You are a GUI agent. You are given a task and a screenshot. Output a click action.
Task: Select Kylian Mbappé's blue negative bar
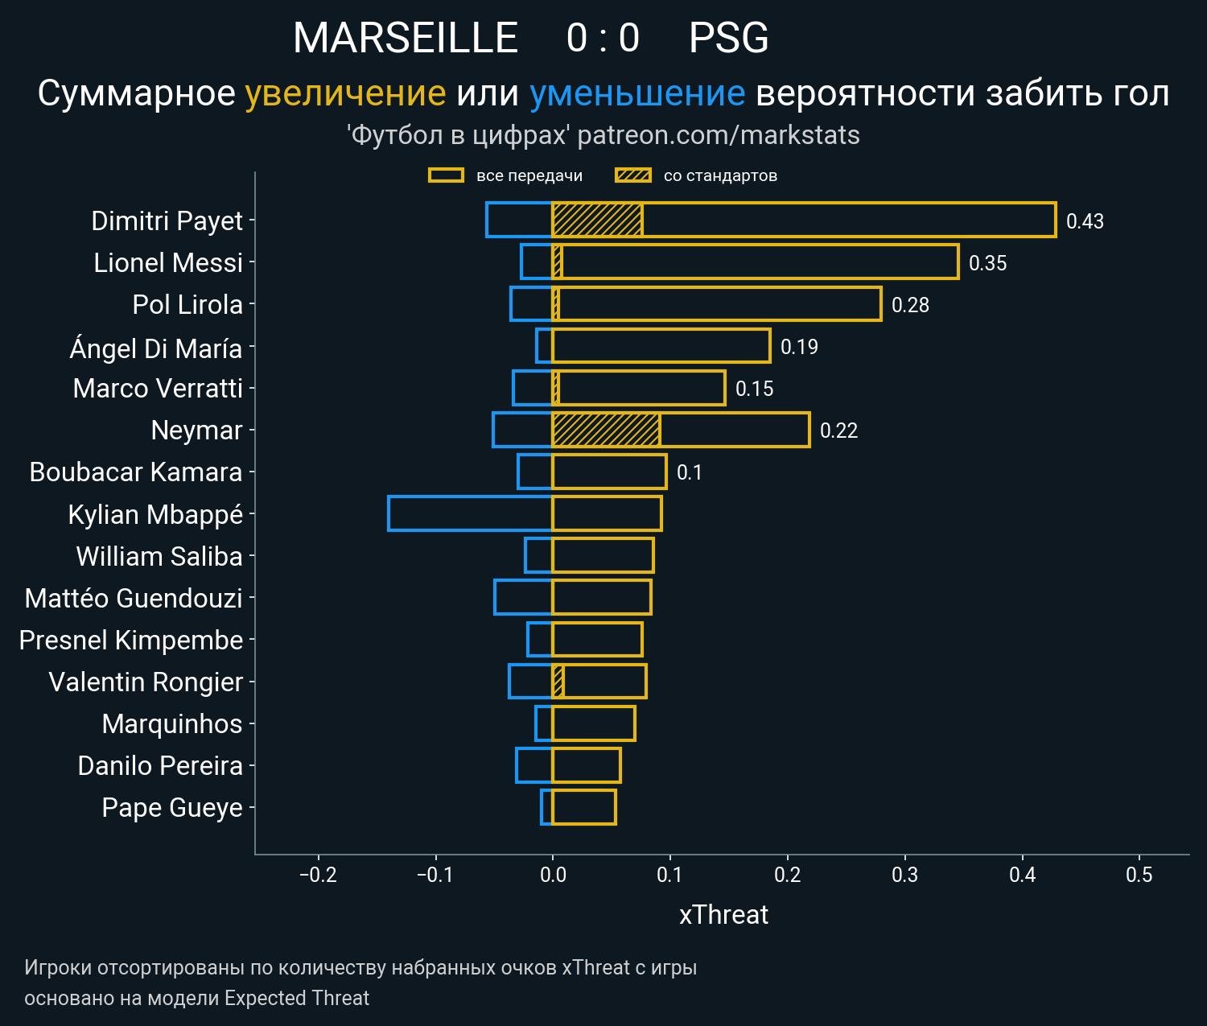470,513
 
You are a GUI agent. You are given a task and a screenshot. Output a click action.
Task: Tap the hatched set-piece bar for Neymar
606,430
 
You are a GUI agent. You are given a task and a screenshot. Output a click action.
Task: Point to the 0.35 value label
987,263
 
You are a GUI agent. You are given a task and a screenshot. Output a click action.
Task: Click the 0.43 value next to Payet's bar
1085,221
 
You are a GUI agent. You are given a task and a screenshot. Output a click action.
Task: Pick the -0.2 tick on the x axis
318,875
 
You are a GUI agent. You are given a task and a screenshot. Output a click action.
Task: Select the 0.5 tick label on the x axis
1139,875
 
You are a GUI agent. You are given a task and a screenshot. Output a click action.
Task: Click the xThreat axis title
723,915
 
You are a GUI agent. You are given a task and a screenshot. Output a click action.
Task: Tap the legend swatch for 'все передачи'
446,175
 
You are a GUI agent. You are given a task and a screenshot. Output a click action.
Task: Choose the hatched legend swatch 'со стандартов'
632,175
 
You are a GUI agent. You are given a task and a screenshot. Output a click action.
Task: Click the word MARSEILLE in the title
406,38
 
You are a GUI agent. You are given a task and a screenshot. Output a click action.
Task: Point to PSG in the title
729,38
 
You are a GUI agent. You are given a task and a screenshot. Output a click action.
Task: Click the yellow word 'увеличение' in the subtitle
345,93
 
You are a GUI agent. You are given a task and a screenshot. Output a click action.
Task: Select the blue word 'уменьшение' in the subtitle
637,93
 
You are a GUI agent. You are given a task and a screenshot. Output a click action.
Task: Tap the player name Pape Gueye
172,807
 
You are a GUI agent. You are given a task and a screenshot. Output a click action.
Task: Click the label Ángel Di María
156,348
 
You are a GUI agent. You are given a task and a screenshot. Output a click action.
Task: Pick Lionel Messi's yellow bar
756,262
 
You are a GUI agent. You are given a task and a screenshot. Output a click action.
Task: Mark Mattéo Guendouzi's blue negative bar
523,597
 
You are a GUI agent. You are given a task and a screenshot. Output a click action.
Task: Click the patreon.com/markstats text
719,135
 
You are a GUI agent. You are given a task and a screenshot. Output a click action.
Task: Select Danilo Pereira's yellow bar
586,764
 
